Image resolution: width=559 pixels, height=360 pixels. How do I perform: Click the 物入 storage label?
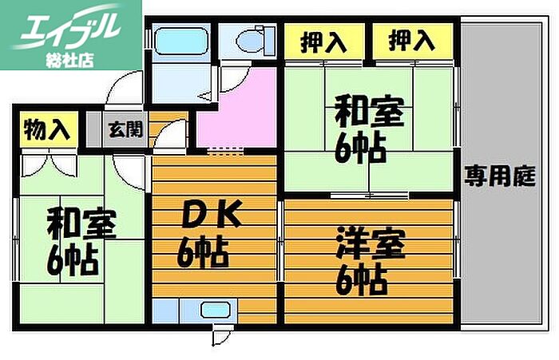click(x=46, y=128)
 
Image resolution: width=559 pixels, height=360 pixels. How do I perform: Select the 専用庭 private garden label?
click(x=501, y=176)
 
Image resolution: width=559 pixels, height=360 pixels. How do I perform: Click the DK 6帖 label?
click(x=202, y=235)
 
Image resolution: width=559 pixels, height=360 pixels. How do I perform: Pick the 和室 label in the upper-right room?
click(x=363, y=128)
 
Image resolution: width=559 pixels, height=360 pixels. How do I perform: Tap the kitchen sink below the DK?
click(x=214, y=311)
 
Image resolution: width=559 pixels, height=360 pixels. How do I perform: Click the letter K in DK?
click(x=222, y=214)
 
